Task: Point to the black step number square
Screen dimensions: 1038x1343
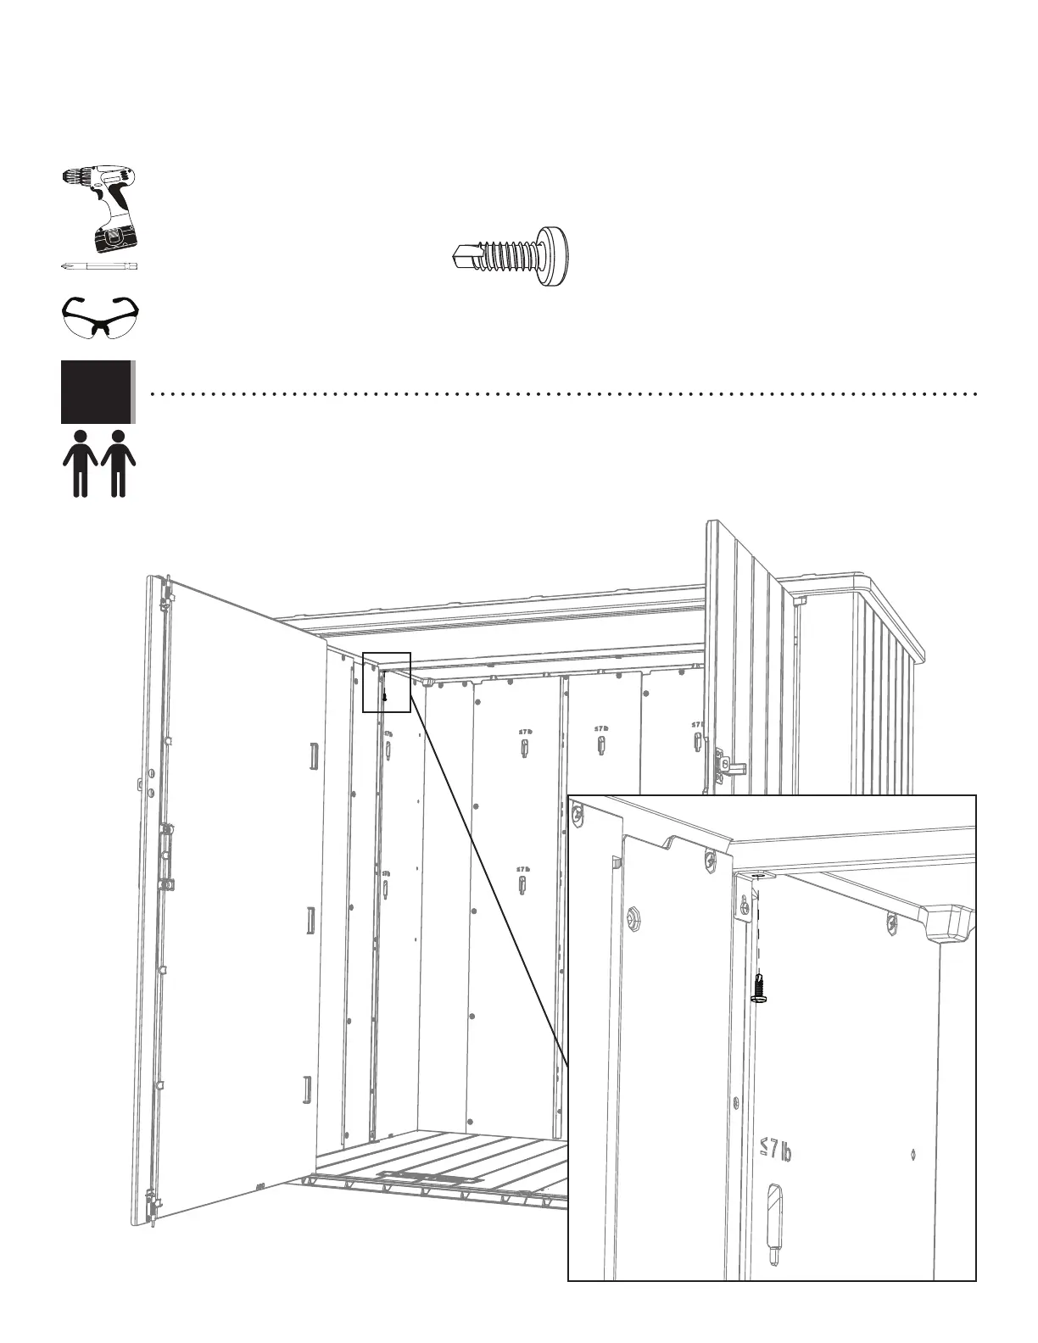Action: (97, 392)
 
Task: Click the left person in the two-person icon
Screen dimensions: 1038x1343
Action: (81, 463)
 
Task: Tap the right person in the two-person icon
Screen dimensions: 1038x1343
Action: (118, 463)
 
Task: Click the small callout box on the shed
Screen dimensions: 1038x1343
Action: (387, 683)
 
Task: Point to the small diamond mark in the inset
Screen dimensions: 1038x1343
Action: (912, 1152)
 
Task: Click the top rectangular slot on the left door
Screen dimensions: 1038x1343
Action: (313, 756)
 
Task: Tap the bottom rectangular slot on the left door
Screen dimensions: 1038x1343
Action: (307, 1089)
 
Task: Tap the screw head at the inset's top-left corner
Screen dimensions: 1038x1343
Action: (578, 817)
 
